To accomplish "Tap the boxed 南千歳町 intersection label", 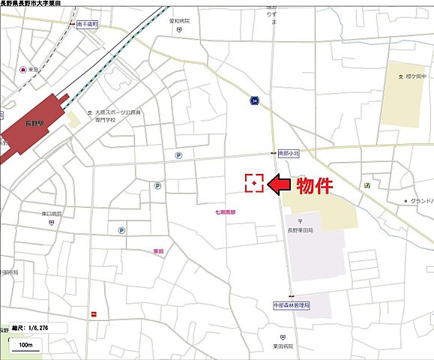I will pyautogui.click(x=88, y=24).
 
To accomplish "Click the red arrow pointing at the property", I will pyautogui.click(x=283, y=183).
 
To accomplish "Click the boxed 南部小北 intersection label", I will pyautogui.click(x=289, y=153).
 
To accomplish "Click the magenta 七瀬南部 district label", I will pyautogui.click(x=225, y=213).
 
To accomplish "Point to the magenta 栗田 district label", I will pyautogui.click(x=158, y=250).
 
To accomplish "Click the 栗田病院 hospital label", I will pyautogui.click(x=283, y=346).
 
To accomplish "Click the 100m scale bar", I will pyautogui.click(x=25, y=344).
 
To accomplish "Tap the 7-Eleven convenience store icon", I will pyautogui.click(x=367, y=184).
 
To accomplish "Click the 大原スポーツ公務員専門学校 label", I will pyautogui.click(x=118, y=116).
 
